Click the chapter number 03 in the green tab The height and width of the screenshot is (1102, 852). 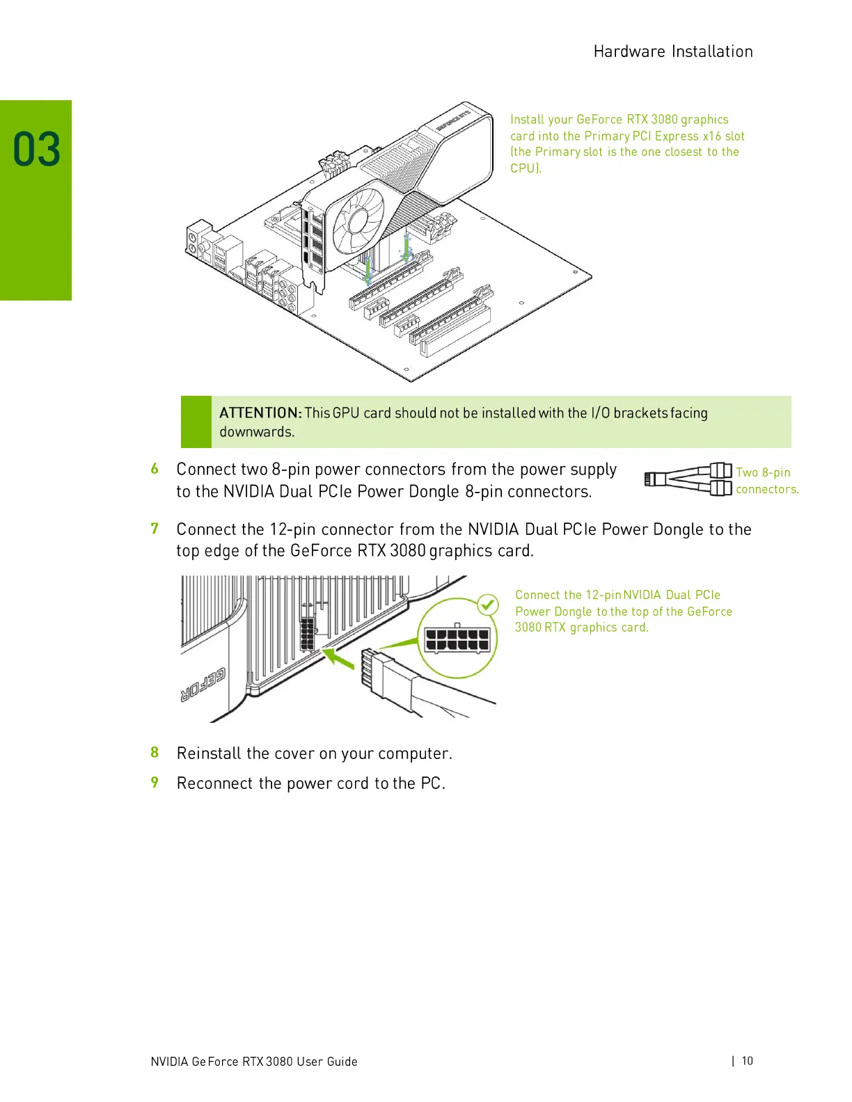37,150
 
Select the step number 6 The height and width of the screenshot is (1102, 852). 155,469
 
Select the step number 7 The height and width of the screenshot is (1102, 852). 155,529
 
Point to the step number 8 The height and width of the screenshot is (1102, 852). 155,753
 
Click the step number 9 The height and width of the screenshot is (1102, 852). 155,783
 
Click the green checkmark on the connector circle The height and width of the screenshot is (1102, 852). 489,604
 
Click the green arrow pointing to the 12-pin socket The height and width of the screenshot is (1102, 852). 338,657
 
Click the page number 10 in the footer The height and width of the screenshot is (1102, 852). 747,1061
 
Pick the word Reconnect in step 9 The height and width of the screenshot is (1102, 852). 214,783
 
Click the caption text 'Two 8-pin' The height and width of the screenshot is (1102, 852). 763,472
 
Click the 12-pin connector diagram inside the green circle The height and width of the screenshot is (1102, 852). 457,640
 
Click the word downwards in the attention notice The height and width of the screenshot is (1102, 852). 257,432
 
